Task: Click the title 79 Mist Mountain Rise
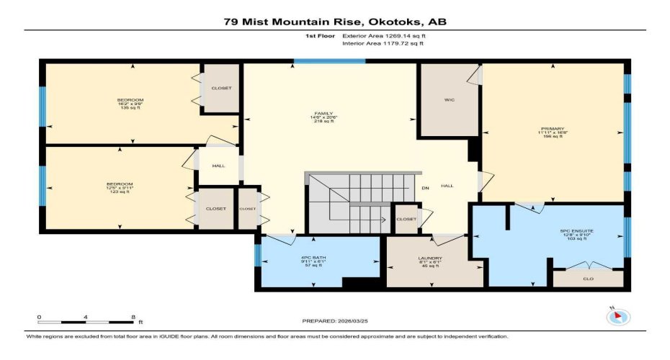click(334, 22)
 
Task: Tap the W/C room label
click(449, 100)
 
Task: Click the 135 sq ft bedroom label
click(131, 104)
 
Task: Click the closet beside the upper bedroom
click(221, 88)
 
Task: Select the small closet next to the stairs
click(406, 219)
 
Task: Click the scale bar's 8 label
click(133, 317)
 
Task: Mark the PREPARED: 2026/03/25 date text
click(334, 321)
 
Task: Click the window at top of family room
click(329, 61)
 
